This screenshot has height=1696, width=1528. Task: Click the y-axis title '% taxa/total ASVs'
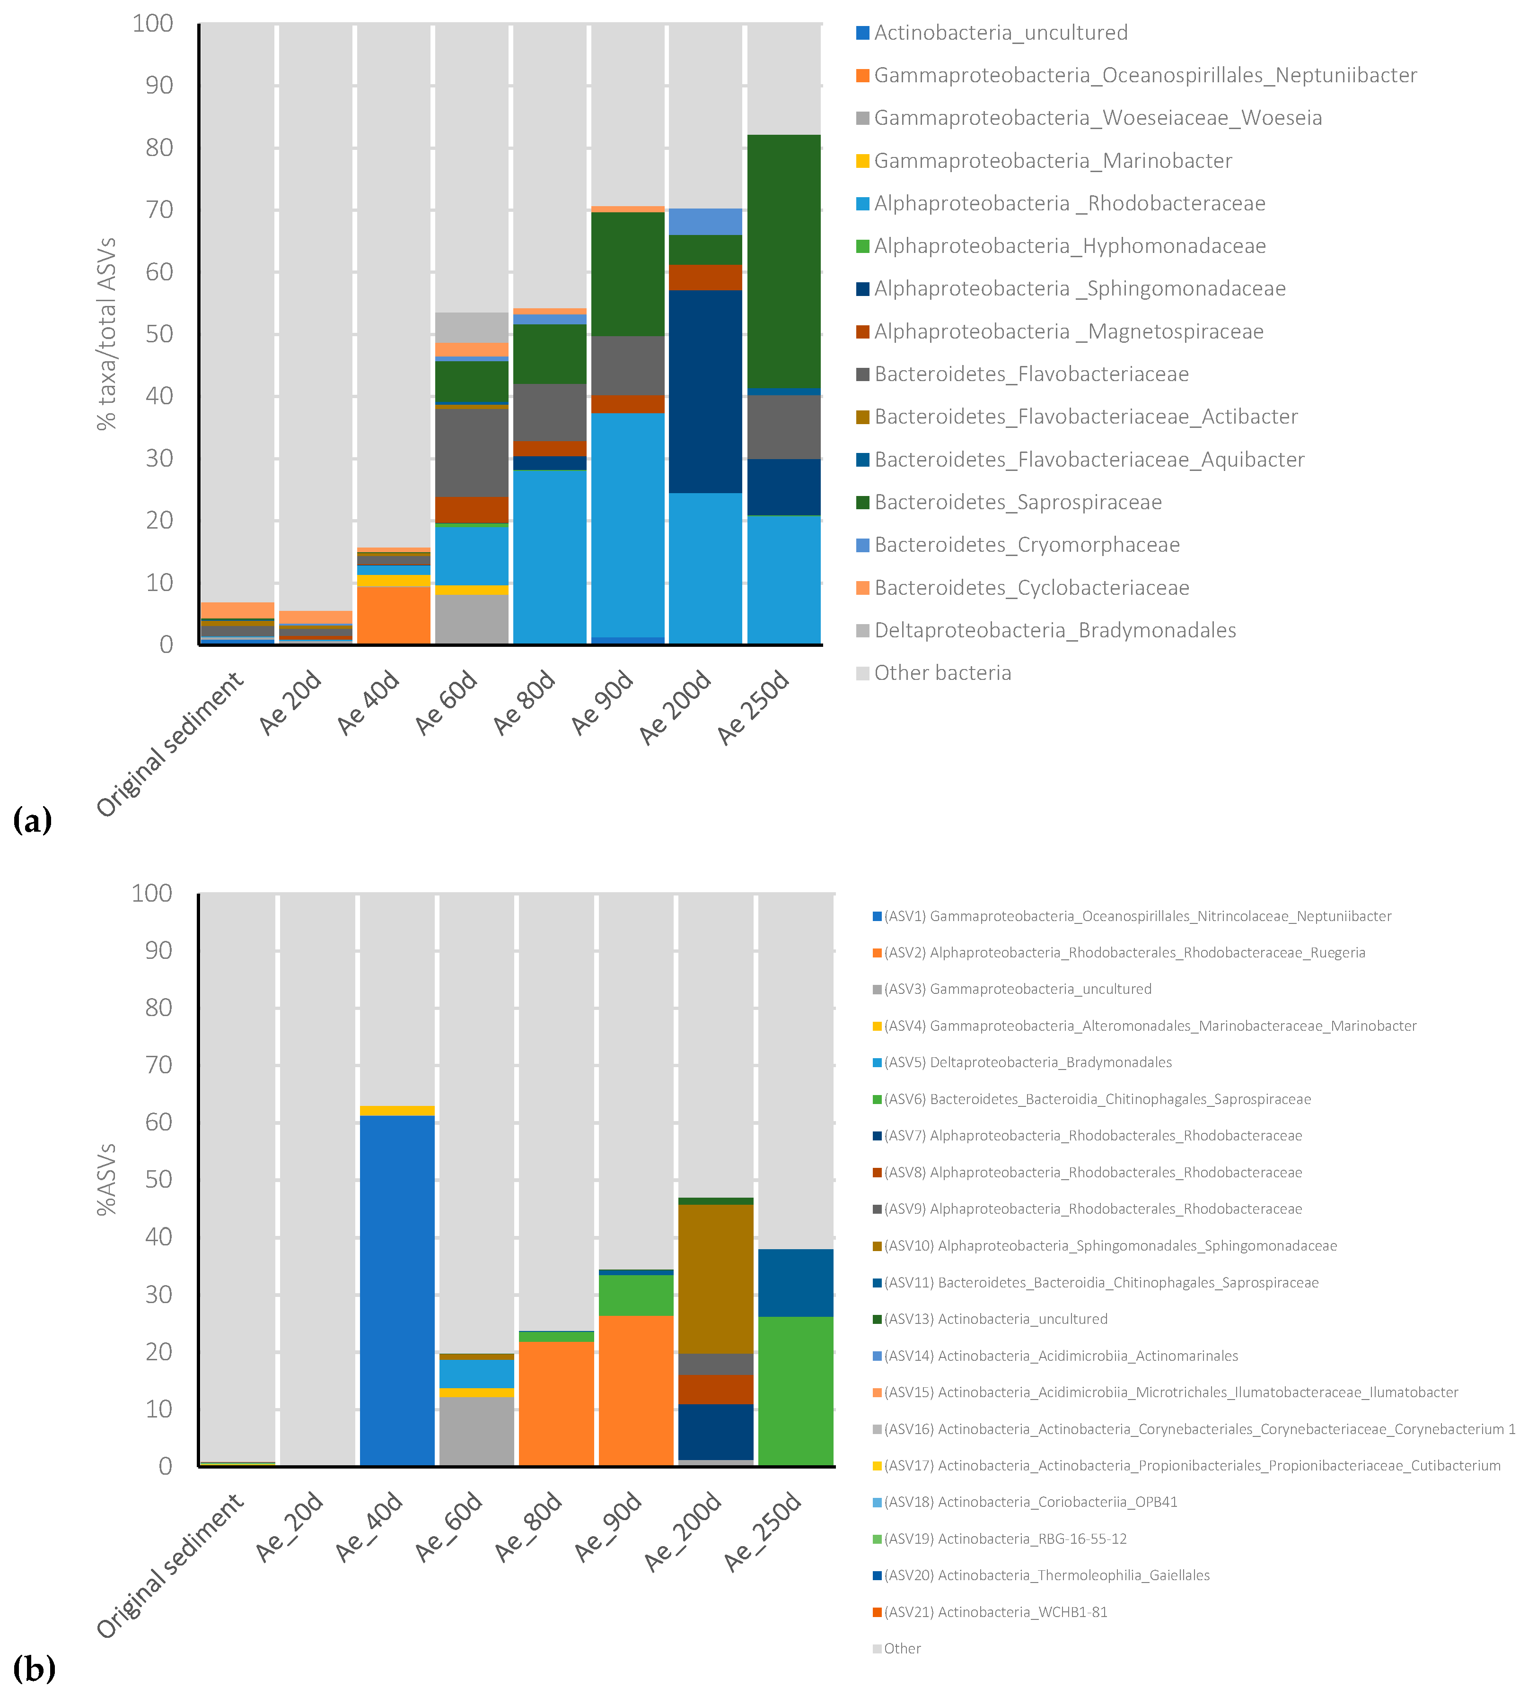pyautogui.click(x=106, y=334)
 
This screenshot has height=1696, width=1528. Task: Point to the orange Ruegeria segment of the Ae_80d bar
pyautogui.click(x=556, y=1403)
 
